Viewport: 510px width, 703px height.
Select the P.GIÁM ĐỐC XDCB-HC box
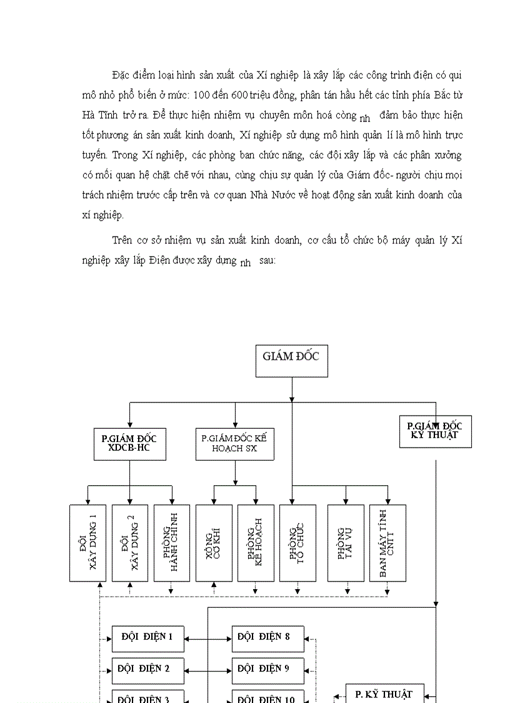coord(129,444)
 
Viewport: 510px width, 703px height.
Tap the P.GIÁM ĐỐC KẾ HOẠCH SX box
coord(235,444)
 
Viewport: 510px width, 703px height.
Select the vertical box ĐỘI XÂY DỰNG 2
coord(130,543)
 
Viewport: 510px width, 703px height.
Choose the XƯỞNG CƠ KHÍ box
coord(214,543)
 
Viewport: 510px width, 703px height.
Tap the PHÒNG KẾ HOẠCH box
coord(256,543)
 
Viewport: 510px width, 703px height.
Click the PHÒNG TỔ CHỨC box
coord(297,543)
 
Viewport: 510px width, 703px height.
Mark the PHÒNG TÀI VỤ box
coord(346,543)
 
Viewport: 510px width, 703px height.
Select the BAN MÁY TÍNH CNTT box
coord(387,543)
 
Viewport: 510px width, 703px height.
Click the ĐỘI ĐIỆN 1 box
coord(148,638)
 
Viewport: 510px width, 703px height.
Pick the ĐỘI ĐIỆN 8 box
coord(267,638)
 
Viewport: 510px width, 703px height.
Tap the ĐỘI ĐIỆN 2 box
coord(148,669)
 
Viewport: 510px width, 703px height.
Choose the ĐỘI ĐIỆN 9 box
coord(267,669)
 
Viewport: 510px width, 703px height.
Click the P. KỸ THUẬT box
coord(384,694)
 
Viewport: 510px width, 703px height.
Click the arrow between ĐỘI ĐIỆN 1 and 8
coord(208,639)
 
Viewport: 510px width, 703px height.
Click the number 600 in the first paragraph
coord(246,95)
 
